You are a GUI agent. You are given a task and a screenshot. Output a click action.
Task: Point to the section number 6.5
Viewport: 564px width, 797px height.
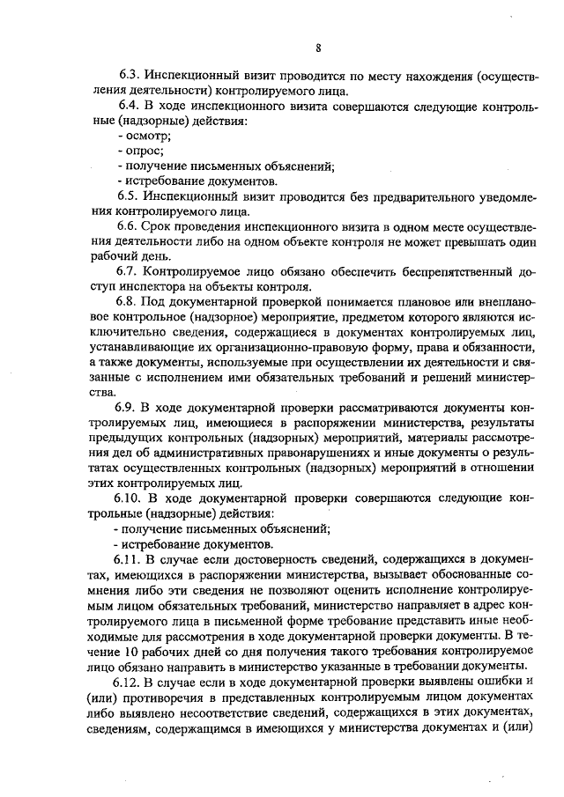130,197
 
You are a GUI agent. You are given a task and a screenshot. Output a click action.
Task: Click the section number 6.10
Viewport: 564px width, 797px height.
133,497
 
